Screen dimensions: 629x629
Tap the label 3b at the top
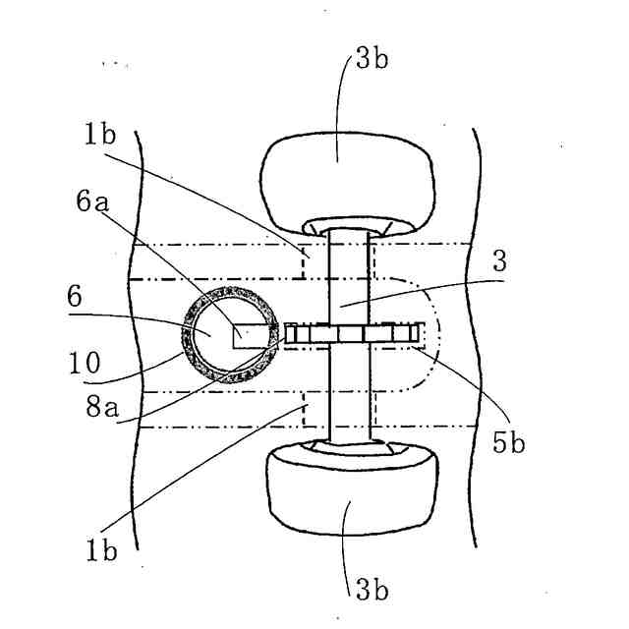372,59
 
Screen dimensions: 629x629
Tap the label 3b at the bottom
372,590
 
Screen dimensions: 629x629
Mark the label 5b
510,443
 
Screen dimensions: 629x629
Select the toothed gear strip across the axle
354,335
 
